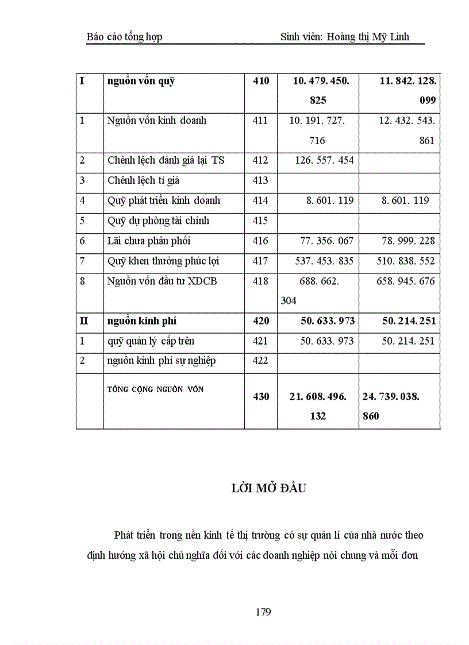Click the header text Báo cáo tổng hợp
pyautogui.click(x=124, y=37)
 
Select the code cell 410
pyautogui.click(x=260, y=81)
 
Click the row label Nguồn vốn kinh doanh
pyautogui.click(x=156, y=121)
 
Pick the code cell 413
pyautogui.click(x=260, y=180)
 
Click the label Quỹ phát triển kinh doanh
pyautogui.click(x=164, y=200)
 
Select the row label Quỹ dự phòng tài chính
pyautogui.click(x=158, y=221)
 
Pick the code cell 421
pyautogui.click(x=260, y=341)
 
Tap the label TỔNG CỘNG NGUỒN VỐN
pyautogui.click(x=155, y=389)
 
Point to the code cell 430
pyautogui.click(x=260, y=396)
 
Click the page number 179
pyautogui.click(x=263, y=612)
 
